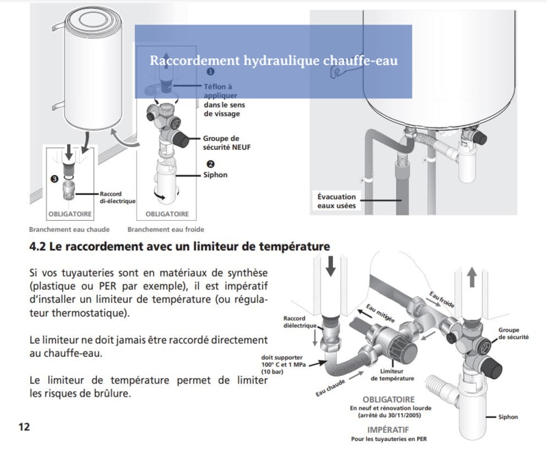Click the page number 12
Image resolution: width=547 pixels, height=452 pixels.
[24, 427]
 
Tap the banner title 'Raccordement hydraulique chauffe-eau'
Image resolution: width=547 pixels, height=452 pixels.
[273, 60]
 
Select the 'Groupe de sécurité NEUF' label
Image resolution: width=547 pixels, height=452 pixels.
[227, 143]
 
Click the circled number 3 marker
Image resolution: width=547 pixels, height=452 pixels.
[55, 179]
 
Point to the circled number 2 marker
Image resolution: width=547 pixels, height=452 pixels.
[211, 164]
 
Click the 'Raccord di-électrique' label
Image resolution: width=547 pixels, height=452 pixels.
[118, 198]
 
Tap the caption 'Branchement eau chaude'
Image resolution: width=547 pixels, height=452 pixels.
[69, 230]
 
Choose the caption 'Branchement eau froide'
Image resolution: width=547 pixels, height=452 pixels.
[165, 230]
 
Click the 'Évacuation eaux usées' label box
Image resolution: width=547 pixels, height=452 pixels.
[336, 201]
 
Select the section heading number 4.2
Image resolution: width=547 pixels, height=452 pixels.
[38, 247]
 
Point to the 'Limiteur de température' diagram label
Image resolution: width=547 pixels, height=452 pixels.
[392, 375]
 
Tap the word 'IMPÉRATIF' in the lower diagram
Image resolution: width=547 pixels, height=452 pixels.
[388, 429]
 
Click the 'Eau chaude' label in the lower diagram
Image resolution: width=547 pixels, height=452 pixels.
[330, 388]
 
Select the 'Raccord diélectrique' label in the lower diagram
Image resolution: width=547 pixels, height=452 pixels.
[299, 322]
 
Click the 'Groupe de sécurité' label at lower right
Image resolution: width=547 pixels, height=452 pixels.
[513, 334]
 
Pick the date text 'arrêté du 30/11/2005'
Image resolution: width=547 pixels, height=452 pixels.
[389, 415]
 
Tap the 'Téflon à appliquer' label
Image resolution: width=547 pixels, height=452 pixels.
[220, 91]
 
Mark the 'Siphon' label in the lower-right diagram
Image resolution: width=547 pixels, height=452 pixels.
[508, 416]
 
